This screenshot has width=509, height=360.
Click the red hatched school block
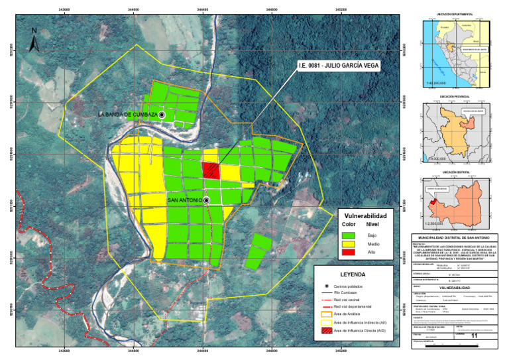(211, 170)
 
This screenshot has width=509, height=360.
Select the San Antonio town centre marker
(207, 200)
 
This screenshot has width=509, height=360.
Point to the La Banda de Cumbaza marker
(162, 115)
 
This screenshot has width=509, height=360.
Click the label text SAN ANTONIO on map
(185, 200)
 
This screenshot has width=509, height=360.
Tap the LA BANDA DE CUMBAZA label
(127, 115)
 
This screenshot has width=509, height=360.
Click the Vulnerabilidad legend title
(366, 215)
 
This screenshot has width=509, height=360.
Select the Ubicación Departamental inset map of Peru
(461, 50)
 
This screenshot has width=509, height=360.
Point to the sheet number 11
(473, 337)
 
